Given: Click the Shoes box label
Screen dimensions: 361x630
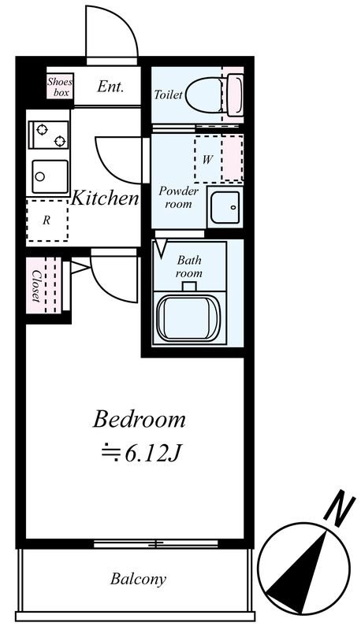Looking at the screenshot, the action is point(60,87).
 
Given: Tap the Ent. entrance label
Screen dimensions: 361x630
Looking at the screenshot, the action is point(110,87).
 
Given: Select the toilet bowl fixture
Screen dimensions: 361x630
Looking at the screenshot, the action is point(214,95).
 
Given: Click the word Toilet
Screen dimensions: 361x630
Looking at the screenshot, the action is point(169,94).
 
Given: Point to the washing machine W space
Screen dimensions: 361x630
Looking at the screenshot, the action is point(218,159).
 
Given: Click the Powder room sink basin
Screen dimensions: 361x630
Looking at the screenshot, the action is point(225,207).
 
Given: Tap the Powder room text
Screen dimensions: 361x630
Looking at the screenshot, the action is point(178,197).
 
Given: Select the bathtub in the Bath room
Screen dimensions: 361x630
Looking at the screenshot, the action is point(188,318).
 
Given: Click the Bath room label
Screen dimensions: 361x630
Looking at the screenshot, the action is point(189,267).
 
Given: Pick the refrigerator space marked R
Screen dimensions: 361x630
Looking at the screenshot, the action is point(47,220).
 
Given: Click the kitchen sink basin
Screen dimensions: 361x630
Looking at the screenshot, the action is point(50,176).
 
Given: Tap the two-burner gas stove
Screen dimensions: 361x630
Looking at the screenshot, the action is point(49,135).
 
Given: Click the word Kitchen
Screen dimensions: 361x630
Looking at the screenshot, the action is point(105,198).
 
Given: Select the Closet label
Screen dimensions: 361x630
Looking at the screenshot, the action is point(36,286).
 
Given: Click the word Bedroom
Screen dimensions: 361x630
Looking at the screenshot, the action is point(139,419).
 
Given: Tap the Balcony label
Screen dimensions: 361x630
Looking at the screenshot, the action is point(138,579).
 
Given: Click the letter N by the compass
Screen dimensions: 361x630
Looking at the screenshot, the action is point(339,508).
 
